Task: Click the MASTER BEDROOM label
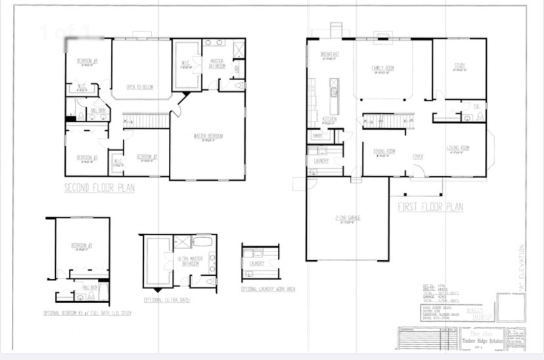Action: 208,137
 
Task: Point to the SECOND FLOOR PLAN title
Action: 99,189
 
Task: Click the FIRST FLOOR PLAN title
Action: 430,207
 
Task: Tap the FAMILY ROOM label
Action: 382,68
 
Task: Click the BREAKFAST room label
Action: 329,55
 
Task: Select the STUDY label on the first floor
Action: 460,65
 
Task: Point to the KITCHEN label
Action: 330,120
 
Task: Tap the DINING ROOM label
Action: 384,151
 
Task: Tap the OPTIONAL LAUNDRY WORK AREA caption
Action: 267,289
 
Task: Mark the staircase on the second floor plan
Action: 147,121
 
